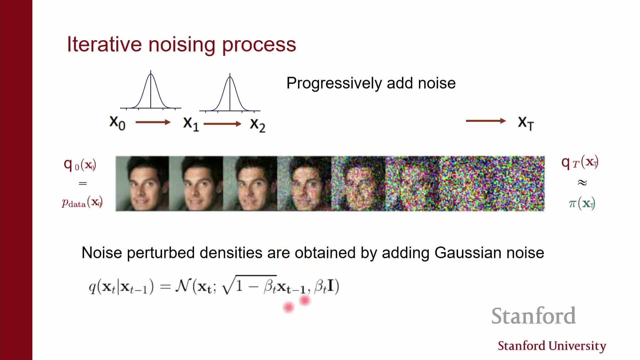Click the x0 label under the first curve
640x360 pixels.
[x=117, y=123]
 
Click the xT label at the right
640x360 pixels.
[x=526, y=123]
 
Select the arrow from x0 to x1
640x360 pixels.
[x=153, y=122]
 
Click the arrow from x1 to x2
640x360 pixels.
[x=222, y=124]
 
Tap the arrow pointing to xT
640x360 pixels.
[x=486, y=121]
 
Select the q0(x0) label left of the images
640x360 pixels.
[x=80, y=164]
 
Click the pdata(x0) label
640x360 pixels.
[x=82, y=202]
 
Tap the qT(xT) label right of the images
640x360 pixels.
[x=580, y=163]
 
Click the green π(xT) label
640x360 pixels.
[x=582, y=203]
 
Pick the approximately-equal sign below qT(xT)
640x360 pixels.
[x=582, y=183]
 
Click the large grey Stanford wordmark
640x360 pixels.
[x=534, y=316]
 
